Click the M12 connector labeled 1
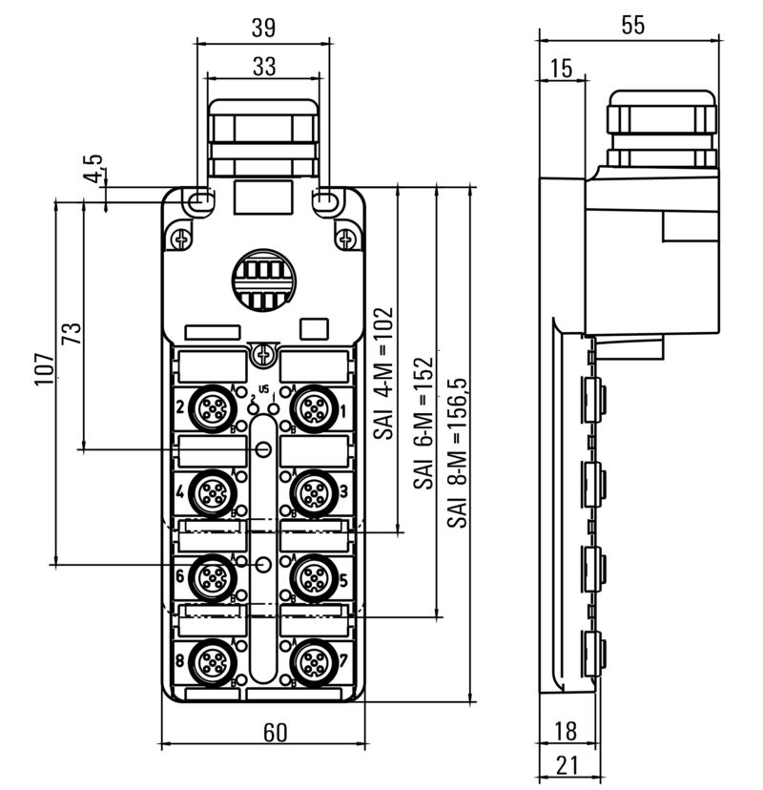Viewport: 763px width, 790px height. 311,408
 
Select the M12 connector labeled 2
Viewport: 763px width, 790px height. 209,408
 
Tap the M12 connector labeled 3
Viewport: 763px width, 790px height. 311,492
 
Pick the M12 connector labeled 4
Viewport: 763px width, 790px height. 209,492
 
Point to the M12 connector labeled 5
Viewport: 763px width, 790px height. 311,576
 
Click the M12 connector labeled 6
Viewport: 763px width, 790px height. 209,576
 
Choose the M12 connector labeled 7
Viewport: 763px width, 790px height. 311,660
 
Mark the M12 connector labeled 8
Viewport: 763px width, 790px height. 209,660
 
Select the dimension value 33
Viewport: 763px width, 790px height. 263,67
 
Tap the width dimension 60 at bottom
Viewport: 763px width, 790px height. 275,732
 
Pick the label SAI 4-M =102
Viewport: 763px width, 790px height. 383,372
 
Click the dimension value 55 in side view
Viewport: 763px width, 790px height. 632,26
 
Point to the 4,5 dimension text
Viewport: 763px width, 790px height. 93,171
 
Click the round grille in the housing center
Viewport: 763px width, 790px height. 261,280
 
